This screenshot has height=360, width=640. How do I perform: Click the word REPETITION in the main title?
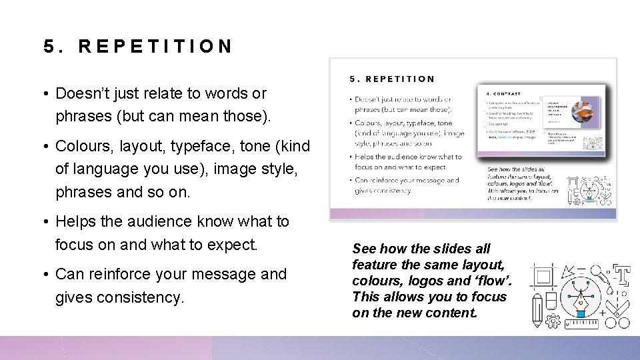[155, 46]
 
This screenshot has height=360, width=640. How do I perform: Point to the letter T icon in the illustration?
[623, 274]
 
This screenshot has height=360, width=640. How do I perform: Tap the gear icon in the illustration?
[553, 321]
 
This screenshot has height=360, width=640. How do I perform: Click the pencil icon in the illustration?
[537, 309]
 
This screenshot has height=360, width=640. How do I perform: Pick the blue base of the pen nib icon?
[579, 311]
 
